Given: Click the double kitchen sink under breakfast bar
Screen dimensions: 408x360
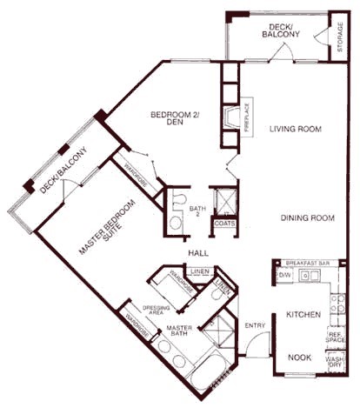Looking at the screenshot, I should coord(310,277).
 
